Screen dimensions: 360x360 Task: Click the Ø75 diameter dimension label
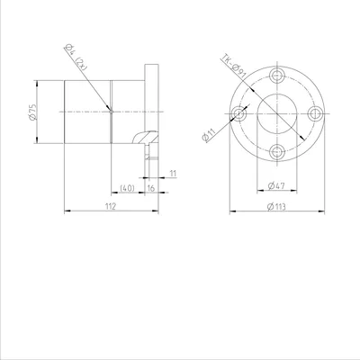(x=32, y=112)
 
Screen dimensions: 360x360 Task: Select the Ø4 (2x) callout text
(x=76, y=58)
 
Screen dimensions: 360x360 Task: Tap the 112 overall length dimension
(x=111, y=206)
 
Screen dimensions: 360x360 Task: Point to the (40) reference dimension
(x=127, y=188)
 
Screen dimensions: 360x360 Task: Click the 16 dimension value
(x=151, y=188)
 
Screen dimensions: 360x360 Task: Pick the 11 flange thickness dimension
(x=173, y=174)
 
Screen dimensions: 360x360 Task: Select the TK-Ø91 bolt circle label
(x=234, y=67)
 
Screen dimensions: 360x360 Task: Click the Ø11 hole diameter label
(x=209, y=134)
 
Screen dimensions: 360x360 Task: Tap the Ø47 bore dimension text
(x=276, y=186)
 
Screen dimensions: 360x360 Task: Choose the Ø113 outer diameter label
(x=276, y=207)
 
